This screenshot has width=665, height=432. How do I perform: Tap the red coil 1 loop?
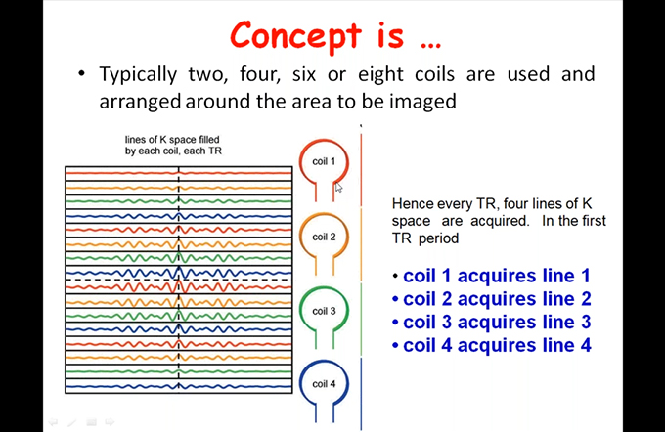(x=300, y=161)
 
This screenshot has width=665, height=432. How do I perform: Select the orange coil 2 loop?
(x=300, y=237)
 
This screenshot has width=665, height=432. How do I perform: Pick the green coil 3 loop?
(x=300, y=311)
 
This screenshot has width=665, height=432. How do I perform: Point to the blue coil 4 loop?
(x=300, y=384)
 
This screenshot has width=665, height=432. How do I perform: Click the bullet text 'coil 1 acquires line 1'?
(x=497, y=276)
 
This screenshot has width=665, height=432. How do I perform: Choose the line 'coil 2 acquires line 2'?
(x=497, y=299)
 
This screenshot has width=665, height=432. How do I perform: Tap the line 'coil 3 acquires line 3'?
(x=497, y=323)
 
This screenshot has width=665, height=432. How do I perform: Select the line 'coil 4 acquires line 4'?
(x=497, y=345)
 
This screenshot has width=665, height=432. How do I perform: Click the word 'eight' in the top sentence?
(x=380, y=75)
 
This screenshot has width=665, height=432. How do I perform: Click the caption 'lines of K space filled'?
(x=172, y=140)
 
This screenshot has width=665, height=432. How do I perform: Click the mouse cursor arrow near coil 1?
(x=338, y=187)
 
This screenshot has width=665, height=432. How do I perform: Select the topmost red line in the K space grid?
(x=179, y=173)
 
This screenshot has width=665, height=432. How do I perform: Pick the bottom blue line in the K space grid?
(x=179, y=386)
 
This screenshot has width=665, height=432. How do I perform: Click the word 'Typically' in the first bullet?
(x=138, y=75)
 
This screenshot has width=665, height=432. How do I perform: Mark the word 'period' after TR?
(x=438, y=238)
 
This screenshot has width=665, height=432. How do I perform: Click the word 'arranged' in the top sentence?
(x=140, y=103)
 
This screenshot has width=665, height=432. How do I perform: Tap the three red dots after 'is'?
(x=431, y=45)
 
